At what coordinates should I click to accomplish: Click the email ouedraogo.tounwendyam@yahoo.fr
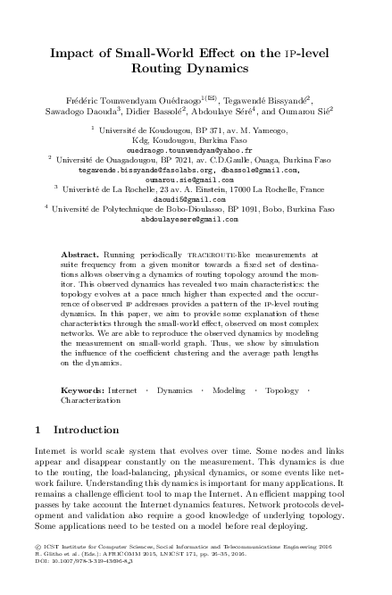point(196,151)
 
